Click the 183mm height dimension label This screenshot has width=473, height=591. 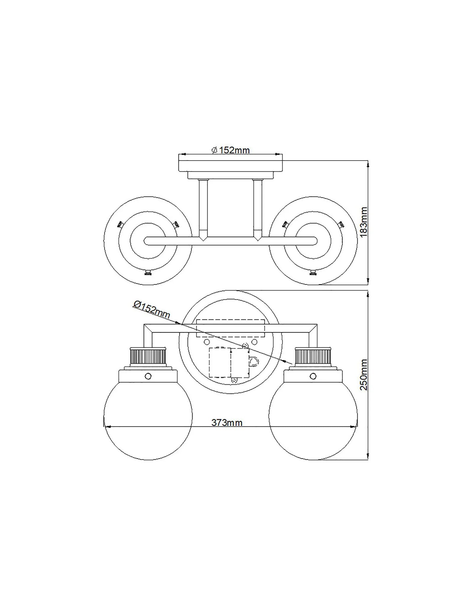pos(364,222)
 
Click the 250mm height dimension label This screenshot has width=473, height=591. pos(364,375)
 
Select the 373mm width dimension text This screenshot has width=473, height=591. pos(227,423)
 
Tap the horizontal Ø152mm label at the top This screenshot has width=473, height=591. pos(231,150)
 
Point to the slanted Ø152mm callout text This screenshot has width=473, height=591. pos(152,309)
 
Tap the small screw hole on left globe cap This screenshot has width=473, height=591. pos(148,376)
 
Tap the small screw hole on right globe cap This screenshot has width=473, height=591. pos(313,376)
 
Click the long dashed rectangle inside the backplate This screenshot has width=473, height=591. pos(231,328)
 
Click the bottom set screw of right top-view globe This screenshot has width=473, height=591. pos(313,273)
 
